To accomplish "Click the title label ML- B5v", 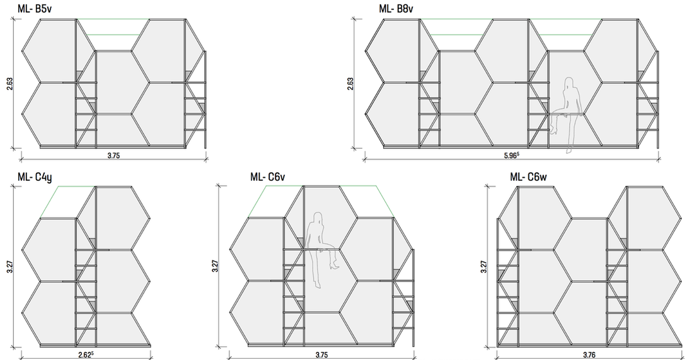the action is [x=35, y=8].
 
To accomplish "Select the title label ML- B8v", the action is [x=396, y=8].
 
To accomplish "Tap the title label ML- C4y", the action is [x=35, y=177].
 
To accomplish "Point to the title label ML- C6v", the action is [x=267, y=177].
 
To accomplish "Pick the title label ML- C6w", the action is [x=528, y=177].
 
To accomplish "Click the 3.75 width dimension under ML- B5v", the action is [x=113, y=155].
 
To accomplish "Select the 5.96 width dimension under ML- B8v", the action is [x=512, y=155].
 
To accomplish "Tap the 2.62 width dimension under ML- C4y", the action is [x=86, y=354].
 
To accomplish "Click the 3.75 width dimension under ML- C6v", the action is [x=321, y=355].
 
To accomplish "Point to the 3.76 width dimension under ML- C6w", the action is [x=589, y=355].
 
